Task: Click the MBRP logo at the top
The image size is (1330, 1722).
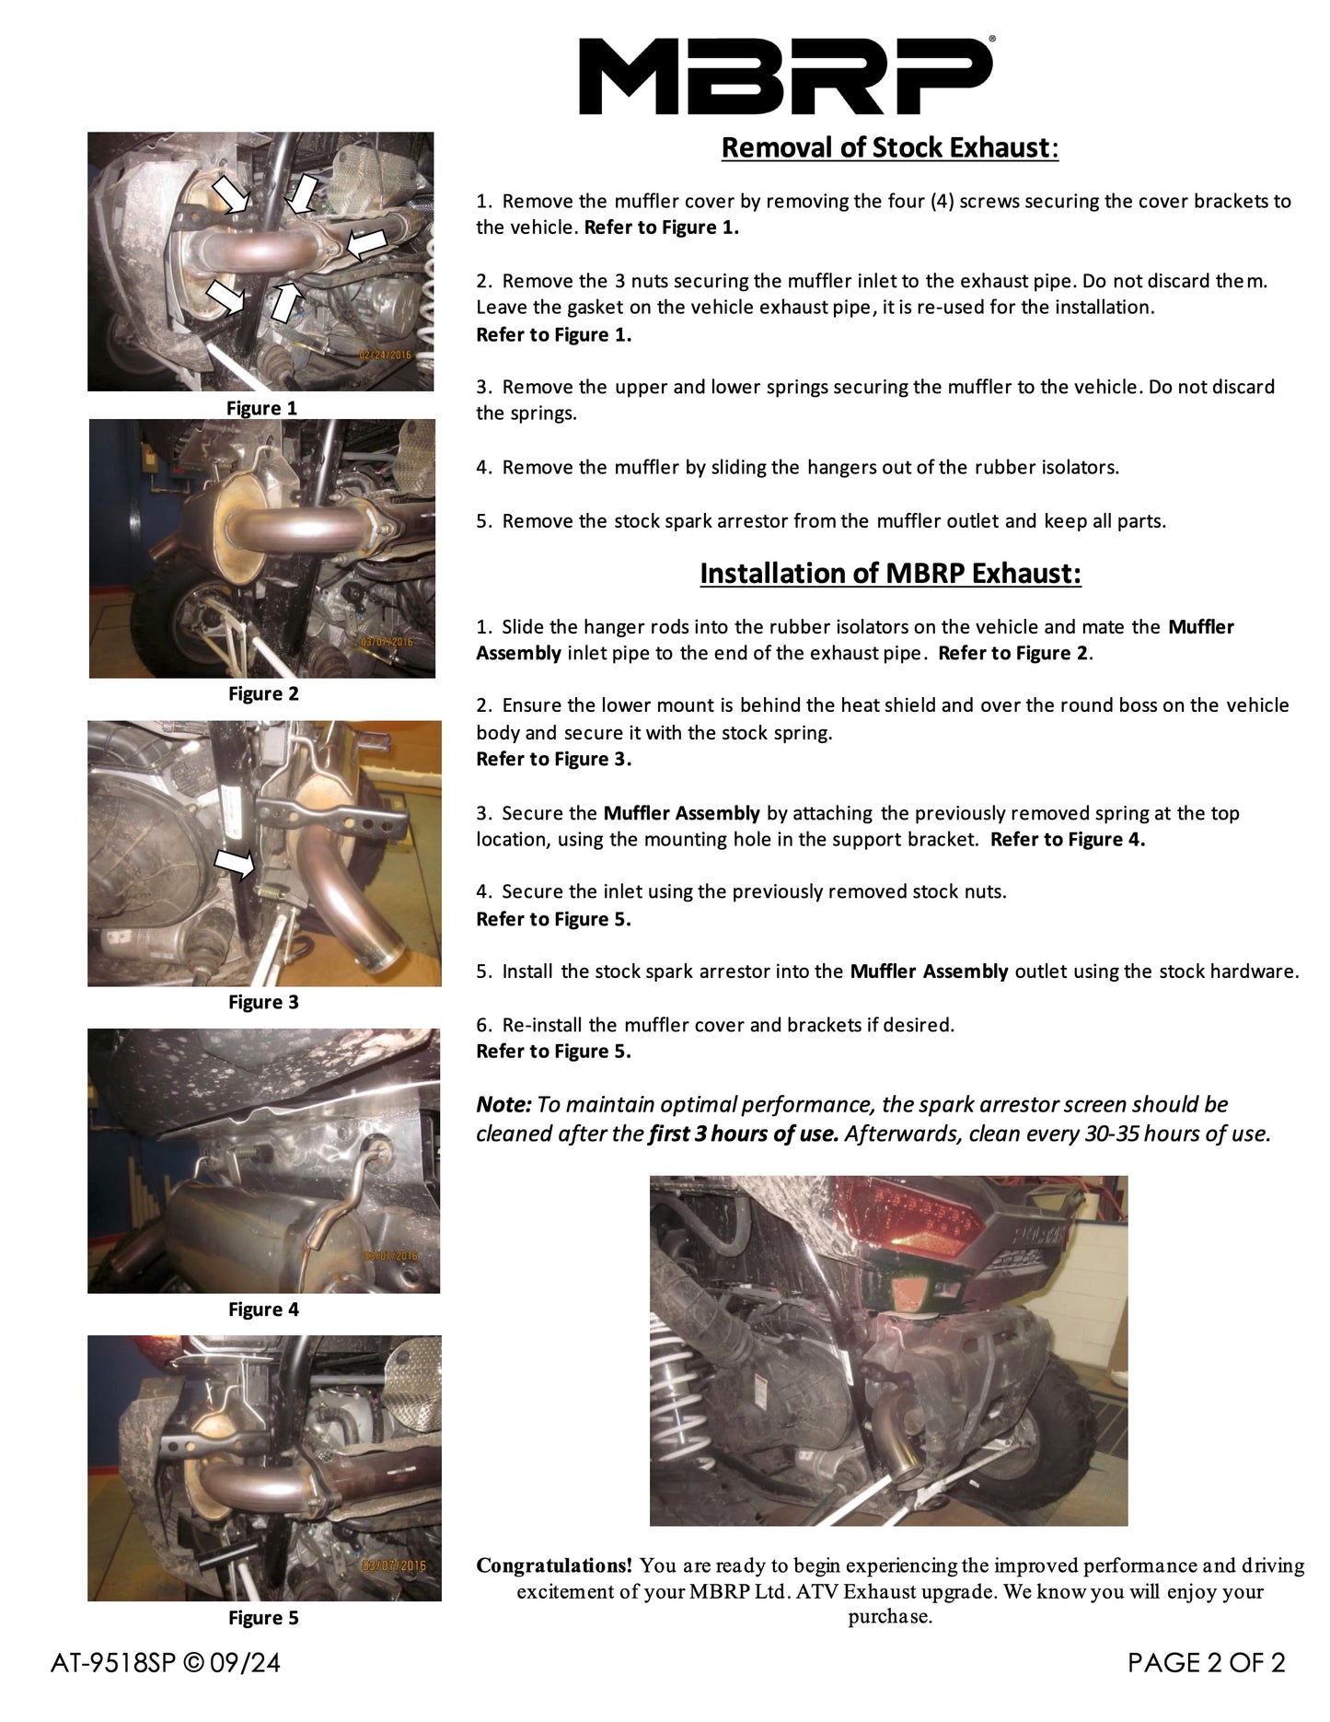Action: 785,76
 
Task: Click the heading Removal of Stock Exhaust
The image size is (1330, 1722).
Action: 889,147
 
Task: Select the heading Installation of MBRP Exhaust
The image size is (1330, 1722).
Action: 890,573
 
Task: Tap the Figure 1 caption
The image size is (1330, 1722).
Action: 262,408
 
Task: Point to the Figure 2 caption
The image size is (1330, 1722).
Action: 263,693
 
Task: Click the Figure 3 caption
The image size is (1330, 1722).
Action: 263,1002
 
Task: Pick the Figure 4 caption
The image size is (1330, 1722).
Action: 263,1309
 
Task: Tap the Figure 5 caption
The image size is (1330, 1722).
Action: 263,1617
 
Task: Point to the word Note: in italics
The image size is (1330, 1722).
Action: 503,1104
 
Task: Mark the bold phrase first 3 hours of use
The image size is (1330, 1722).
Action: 744,1134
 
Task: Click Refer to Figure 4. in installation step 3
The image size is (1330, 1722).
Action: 1068,839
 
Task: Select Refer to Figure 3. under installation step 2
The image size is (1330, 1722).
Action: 554,759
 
